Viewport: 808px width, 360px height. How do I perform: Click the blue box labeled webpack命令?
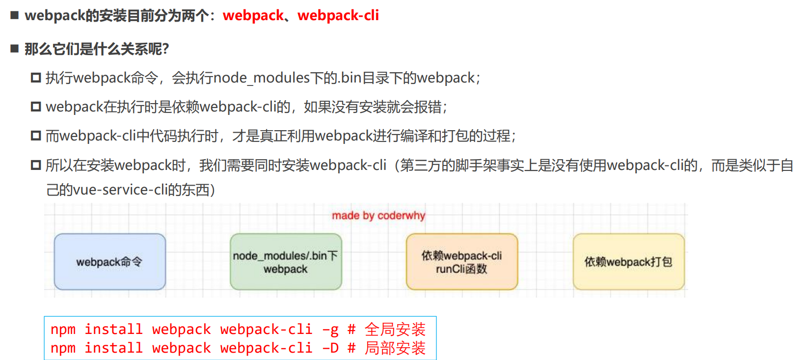pos(109,262)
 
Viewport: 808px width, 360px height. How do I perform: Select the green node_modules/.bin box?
pos(286,262)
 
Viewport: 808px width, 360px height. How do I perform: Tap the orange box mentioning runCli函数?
pos(462,262)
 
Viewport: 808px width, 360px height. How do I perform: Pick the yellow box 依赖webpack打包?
pos(628,262)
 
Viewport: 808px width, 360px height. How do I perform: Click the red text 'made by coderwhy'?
pos(378,216)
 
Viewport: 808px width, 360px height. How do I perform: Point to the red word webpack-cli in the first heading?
pos(338,16)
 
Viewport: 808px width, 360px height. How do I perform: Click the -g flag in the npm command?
pos(330,330)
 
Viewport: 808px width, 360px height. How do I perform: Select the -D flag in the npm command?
pos(330,348)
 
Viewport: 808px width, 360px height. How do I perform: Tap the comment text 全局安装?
pos(395,330)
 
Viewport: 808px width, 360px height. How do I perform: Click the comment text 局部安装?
pos(395,348)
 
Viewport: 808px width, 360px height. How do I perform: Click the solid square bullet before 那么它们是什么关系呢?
pos(15,49)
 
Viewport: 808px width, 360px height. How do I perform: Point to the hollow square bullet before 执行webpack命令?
pos(36,78)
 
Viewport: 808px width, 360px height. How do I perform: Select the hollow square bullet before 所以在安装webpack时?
pos(36,165)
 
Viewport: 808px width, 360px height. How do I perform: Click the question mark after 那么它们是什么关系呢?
pos(165,49)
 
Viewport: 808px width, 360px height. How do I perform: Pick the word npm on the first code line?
pos(63,330)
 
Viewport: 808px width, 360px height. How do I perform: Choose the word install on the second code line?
pos(113,348)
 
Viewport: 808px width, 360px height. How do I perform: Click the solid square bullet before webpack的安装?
pos(15,16)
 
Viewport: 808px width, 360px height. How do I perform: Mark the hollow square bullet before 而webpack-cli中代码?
pos(36,136)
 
